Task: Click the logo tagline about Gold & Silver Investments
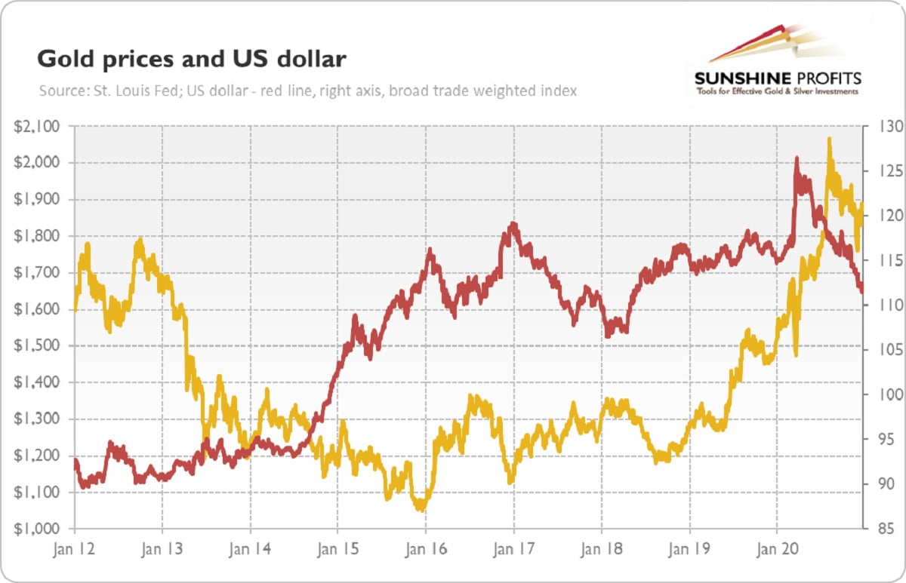coord(777,91)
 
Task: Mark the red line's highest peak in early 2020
coord(796,158)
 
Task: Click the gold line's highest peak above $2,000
coord(829,139)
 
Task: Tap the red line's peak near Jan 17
coord(513,224)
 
